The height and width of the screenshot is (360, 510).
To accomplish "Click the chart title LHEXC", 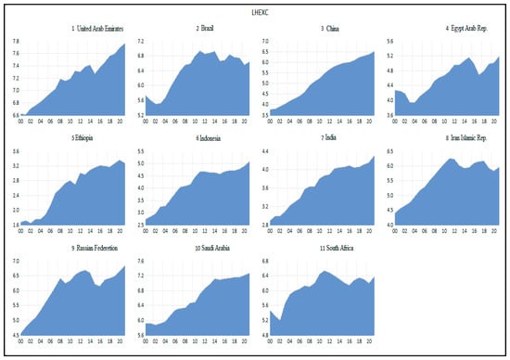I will (255, 11).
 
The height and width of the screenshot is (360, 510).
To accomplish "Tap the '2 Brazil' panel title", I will (198, 30).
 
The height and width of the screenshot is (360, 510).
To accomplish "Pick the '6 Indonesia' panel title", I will (197, 138).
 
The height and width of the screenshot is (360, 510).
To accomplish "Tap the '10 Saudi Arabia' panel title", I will (197, 249).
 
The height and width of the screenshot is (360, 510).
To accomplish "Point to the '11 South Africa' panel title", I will (320, 249).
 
